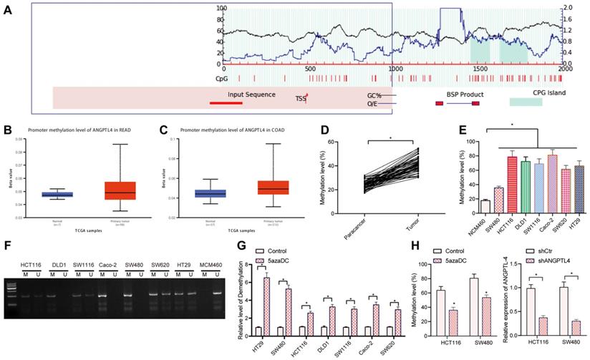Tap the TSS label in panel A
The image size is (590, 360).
point(300,99)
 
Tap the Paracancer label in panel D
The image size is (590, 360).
point(364,213)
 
